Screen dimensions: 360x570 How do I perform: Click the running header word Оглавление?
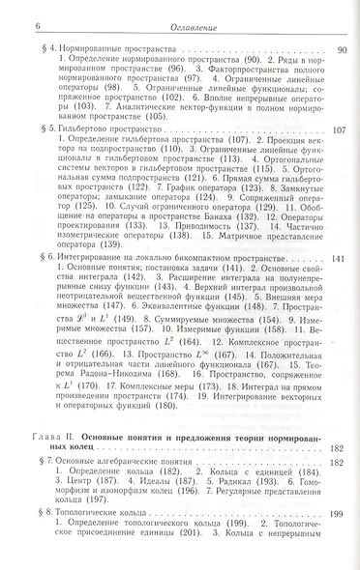[179, 11]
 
